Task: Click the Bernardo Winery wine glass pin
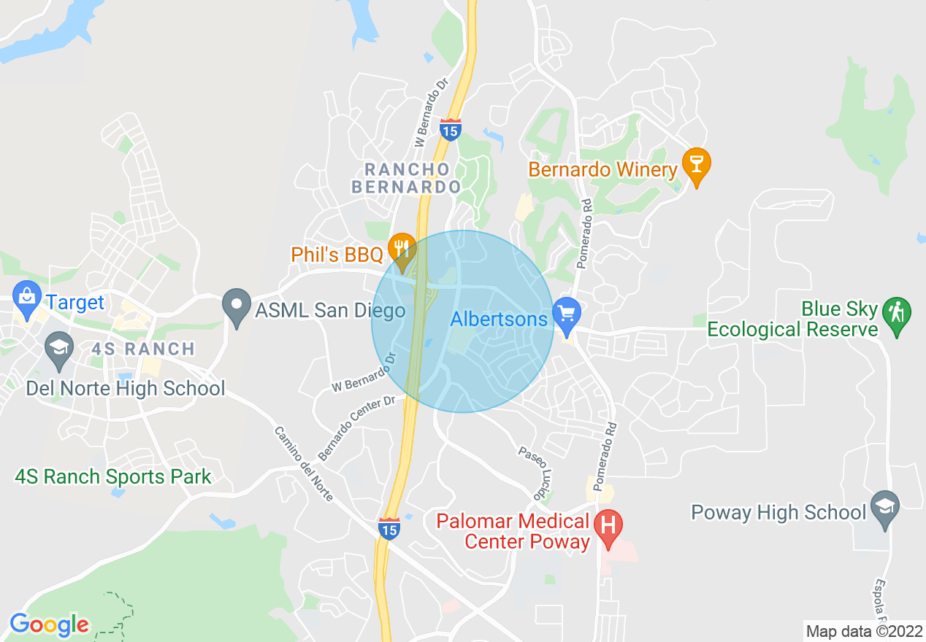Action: [x=696, y=166]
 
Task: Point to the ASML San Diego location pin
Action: [x=237, y=309]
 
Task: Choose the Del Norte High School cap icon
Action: [x=59, y=349]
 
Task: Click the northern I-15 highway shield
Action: [x=451, y=129]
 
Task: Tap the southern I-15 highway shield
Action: [x=389, y=528]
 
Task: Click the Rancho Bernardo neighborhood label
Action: [x=407, y=178]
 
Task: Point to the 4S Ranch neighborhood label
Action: [x=142, y=349]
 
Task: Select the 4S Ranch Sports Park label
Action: [x=113, y=477]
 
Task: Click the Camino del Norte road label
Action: [x=304, y=463]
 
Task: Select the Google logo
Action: [x=49, y=624]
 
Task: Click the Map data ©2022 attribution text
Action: [x=864, y=630]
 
